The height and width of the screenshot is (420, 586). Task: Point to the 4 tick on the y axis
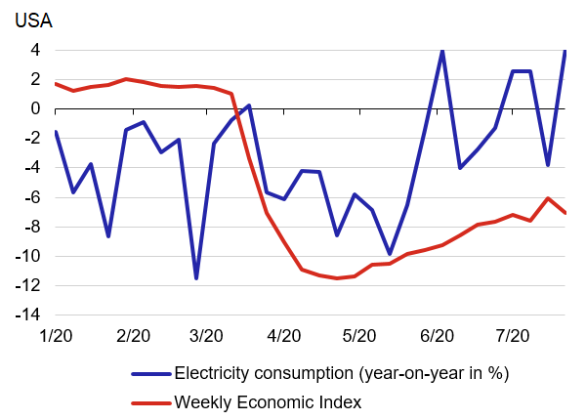pyautogui.click(x=33, y=50)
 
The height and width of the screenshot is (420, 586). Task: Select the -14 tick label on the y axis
pyautogui.click(x=26, y=315)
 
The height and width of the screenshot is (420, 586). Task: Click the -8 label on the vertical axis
pyautogui.click(x=29, y=227)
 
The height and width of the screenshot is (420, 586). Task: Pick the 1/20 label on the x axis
pyautogui.click(x=56, y=336)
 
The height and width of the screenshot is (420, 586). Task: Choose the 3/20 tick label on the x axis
pyautogui.click(x=207, y=336)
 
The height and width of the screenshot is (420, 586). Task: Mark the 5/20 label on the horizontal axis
pyautogui.click(x=359, y=336)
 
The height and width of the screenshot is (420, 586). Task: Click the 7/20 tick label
pyautogui.click(x=511, y=336)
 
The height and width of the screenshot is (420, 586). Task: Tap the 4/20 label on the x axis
pyautogui.click(x=283, y=336)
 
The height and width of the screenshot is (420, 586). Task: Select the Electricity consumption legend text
pyautogui.click(x=342, y=372)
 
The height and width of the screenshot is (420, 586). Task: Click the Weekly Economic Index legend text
pyautogui.click(x=268, y=400)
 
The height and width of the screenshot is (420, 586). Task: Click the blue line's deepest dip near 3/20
pyautogui.click(x=196, y=278)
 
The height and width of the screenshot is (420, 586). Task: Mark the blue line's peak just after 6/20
pyautogui.click(x=442, y=50)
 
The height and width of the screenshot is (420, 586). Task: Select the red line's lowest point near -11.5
pyautogui.click(x=337, y=278)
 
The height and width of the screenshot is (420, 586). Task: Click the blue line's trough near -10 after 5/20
pyautogui.click(x=390, y=254)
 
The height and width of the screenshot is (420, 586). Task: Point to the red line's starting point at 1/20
pyautogui.click(x=56, y=83)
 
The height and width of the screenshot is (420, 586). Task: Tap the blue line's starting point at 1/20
pyautogui.click(x=56, y=131)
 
